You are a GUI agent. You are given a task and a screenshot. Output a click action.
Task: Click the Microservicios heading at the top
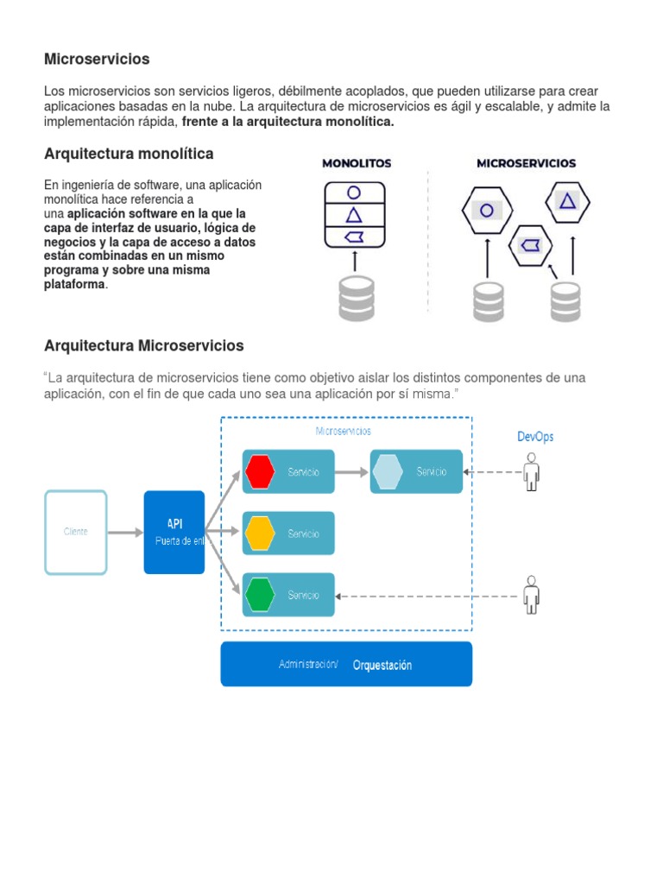tap(97, 60)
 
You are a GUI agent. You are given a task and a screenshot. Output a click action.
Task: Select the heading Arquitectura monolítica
tap(129, 154)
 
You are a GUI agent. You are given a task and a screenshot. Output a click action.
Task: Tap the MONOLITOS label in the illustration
tap(357, 162)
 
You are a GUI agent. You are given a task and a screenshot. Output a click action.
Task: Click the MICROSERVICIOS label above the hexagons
tap(527, 162)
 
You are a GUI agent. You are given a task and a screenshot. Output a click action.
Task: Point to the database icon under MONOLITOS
tap(356, 297)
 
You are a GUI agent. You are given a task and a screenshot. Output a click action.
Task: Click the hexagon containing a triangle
tap(567, 201)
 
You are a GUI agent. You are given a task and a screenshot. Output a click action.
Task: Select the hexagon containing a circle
tap(487, 210)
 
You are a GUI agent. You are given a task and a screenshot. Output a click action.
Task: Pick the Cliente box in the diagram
tap(76, 532)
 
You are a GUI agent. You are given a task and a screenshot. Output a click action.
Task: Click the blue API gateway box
tap(174, 532)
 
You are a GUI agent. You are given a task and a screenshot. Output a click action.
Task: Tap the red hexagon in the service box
tap(260, 471)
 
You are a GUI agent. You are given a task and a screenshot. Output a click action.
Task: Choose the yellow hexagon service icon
tap(260, 534)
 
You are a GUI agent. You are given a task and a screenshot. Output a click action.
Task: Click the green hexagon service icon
tap(260, 595)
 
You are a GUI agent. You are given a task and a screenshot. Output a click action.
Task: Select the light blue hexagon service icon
tap(388, 471)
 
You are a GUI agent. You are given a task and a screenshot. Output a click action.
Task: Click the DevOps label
tap(535, 437)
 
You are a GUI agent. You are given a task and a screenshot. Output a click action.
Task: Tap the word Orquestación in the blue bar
tap(382, 666)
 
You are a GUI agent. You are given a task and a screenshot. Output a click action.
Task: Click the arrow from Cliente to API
tap(125, 533)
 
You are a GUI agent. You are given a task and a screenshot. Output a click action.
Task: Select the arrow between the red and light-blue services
tap(352, 472)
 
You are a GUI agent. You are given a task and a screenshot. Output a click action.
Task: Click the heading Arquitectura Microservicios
tap(144, 346)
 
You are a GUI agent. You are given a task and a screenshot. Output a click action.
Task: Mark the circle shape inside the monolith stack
tap(354, 193)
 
